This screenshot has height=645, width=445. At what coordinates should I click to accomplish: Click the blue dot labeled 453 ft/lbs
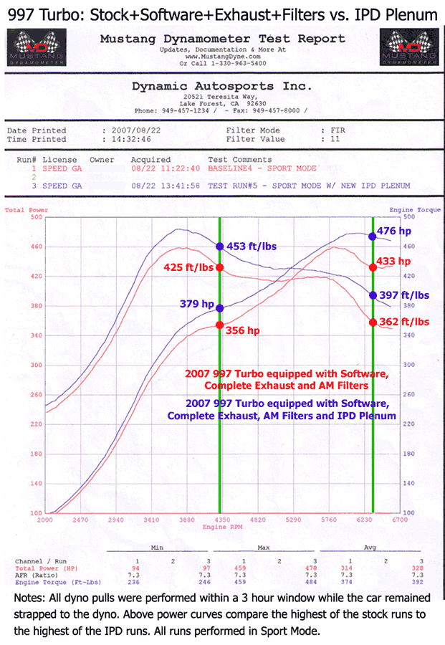219,247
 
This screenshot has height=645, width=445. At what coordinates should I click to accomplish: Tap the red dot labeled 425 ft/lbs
219,267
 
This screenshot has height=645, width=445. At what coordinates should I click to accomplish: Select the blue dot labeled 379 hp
219,308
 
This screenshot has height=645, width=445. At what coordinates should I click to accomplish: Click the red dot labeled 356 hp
219,325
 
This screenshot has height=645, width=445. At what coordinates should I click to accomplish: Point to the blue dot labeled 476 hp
373,236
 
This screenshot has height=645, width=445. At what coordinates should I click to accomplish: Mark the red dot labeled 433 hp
373,267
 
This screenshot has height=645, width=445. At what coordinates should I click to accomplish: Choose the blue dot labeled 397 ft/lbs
373,295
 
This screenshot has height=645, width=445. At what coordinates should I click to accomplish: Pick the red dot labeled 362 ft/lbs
373,322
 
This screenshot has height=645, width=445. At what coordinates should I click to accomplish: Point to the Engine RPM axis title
222,527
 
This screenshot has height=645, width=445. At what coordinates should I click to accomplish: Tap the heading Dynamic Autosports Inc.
222,86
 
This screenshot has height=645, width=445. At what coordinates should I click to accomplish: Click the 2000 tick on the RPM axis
45,520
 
